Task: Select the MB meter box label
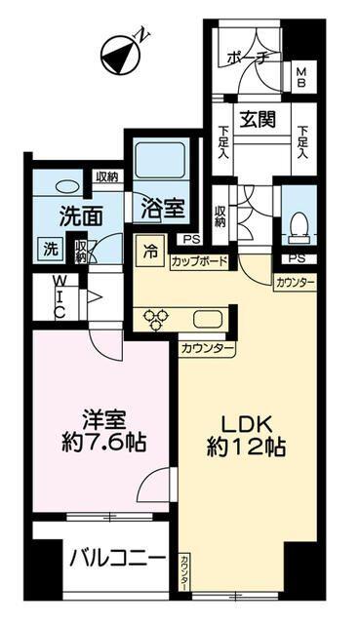pos(301,75)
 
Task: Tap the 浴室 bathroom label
pos(160,207)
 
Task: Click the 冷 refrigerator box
pos(151,250)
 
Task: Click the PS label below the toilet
pos(296,259)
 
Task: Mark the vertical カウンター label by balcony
pos(185,571)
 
